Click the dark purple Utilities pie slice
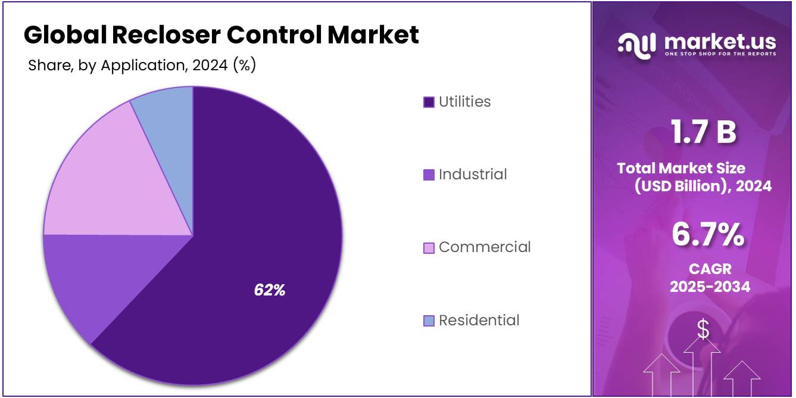(x=262, y=238)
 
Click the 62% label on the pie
(x=270, y=290)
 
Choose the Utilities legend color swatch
(x=429, y=102)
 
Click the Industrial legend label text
(x=473, y=175)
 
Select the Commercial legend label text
(x=485, y=247)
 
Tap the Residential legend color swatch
(x=429, y=321)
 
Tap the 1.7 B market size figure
(x=703, y=132)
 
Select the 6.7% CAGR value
(x=708, y=234)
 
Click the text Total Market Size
(x=681, y=168)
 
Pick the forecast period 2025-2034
(x=710, y=287)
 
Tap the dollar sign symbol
(x=703, y=329)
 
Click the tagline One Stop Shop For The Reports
(x=720, y=54)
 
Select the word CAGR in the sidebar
(x=710, y=269)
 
